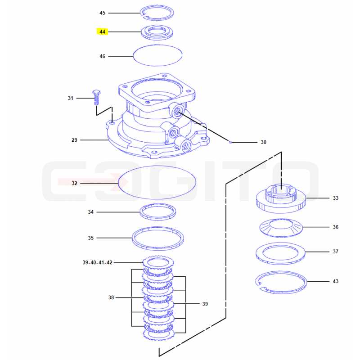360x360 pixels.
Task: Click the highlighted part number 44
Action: click(102, 31)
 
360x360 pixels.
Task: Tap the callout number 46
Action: click(102, 56)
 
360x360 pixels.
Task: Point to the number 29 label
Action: click(74, 140)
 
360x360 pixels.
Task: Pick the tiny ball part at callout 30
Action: click(230, 142)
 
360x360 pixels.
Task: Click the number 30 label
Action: click(263, 142)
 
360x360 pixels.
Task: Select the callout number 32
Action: click(74, 183)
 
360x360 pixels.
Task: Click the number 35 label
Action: click(91, 238)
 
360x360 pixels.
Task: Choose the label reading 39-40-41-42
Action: click(97, 262)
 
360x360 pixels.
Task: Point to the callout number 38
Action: click(111, 297)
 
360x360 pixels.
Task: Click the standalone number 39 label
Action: click(205, 304)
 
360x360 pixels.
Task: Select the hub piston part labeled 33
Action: click(281, 206)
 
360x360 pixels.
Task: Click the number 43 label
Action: click(335, 281)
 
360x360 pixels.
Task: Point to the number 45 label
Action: click(102, 13)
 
